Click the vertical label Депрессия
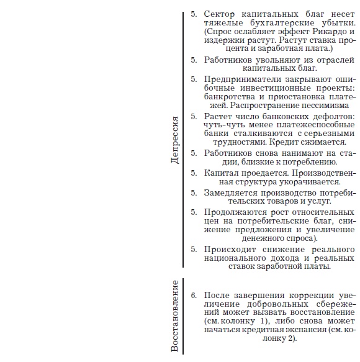click(176, 140)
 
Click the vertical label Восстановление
click(176, 316)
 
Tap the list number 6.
click(194, 294)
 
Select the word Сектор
click(220, 13)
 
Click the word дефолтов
click(333, 116)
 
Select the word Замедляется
click(232, 192)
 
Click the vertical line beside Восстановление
click(184, 316)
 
